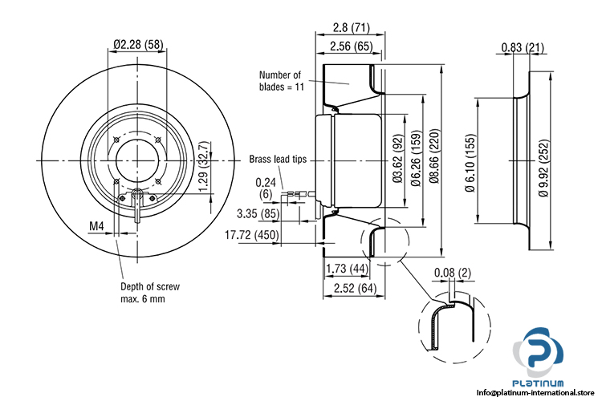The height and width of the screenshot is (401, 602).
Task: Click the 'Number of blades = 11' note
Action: (279, 80)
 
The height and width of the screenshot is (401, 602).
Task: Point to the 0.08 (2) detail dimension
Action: (454, 273)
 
